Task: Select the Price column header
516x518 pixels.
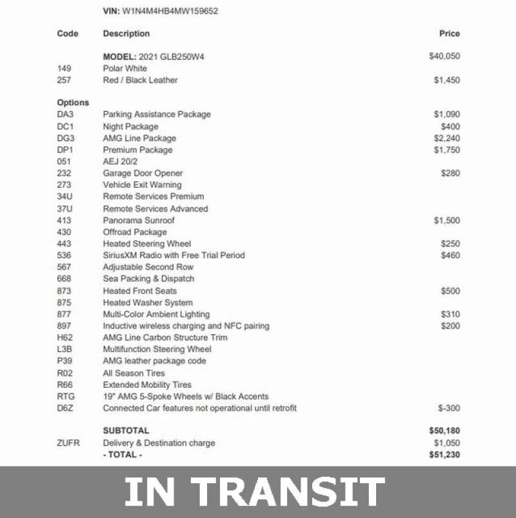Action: [450, 34]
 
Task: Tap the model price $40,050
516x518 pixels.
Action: [444, 57]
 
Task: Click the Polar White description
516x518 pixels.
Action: [125, 68]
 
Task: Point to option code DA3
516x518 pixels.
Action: [66, 114]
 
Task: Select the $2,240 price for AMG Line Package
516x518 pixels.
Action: [447, 138]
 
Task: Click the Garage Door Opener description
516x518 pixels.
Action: [143, 173]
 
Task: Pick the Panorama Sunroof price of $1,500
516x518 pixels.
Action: [447, 221]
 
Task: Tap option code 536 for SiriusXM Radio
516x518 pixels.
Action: [64, 255]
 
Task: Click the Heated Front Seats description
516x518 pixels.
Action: [140, 291]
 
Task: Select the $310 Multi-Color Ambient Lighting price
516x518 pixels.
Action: [451, 314]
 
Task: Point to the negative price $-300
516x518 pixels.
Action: [450, 408]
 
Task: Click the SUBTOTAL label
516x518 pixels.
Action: [126, 430]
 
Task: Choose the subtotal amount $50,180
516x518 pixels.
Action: [444, 430]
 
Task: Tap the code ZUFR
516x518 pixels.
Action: [68, 443]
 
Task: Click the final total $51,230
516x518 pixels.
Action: [444, 455]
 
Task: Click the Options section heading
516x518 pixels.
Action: [73, 103]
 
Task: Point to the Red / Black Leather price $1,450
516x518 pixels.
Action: [447, 81]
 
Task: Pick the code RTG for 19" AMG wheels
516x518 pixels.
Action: [66, 397]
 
